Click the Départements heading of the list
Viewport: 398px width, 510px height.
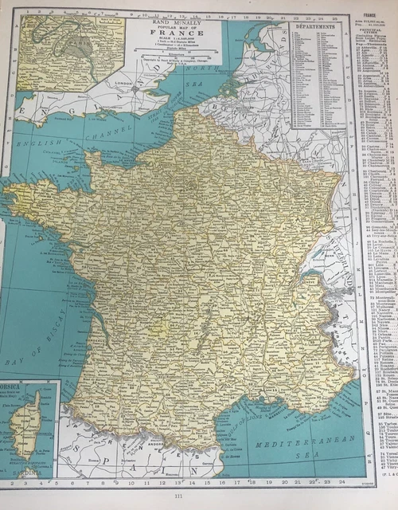click(x=317, y=26)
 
